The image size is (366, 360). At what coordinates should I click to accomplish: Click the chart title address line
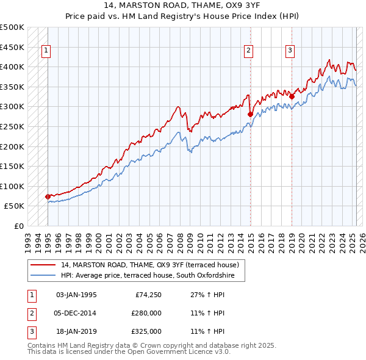[x=182, y=7]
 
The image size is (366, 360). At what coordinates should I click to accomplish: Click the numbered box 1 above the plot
[x=46, y=51]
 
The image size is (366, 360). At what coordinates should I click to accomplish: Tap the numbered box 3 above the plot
[x=290, y=51]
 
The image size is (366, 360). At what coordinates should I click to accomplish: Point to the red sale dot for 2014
[x=250, y=114]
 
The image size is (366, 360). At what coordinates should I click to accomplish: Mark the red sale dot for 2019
[x=292, y=96]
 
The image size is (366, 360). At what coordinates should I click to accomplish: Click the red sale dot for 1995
[x=48, y=196]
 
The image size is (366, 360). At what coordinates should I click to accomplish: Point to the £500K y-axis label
[x=12, y=27]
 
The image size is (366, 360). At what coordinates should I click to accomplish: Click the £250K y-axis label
[x=12, y=126]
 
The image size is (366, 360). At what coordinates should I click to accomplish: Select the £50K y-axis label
[x=15, y=206]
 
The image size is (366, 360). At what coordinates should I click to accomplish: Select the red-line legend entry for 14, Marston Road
[x=152, y=265]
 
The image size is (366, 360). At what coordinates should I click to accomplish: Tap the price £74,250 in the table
[x=146, y=295]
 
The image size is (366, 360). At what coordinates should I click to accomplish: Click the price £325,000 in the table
[x=146, y=331]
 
